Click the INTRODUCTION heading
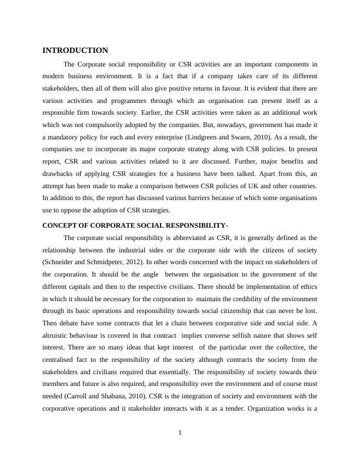[75, 51]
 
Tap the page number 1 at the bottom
[180, 433]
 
